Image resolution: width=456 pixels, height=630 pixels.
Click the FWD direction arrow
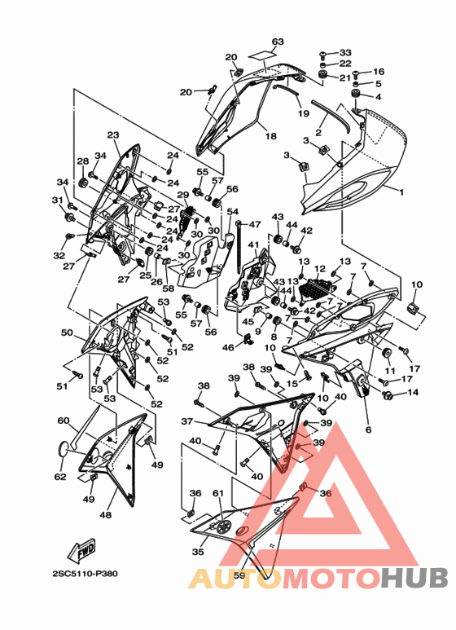click(x=82, y=549)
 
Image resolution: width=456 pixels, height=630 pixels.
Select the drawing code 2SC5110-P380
click(x=85, y=574)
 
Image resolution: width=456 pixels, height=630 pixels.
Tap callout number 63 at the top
click(x=278, y=42)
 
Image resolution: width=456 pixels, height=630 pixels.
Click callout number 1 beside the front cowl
click(x=401, y=192)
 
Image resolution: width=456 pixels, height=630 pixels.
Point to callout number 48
click(x=105, y=514)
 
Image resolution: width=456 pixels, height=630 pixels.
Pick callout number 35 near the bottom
click(x=198, y=552)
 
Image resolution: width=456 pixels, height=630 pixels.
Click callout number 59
click(x=239, y=575)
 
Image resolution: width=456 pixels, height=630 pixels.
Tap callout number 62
click(x=60, y=477)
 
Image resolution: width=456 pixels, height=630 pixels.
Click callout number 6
click(x=369, y=430)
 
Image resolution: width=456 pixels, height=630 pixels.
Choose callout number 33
click(x=345, y=53)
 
